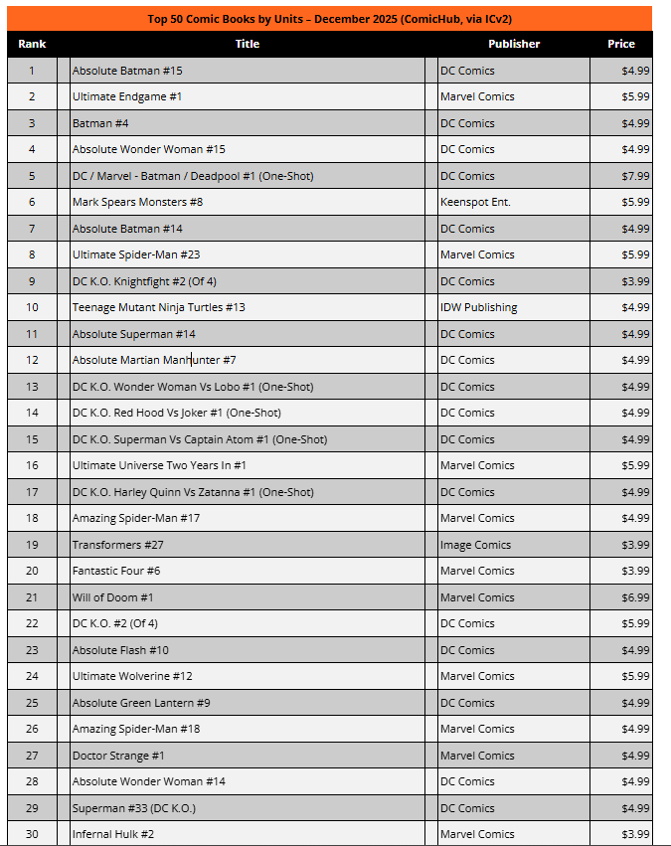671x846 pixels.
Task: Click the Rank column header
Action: pos(32,44)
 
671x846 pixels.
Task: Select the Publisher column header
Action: pos(514,44)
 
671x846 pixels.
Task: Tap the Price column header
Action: pos(621,44)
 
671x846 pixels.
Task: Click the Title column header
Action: pos(248,44)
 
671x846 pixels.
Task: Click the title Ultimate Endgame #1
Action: pos(126,96)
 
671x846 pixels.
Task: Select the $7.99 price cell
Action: pos(633,176)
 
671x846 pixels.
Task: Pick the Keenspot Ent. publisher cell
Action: pos(475,202)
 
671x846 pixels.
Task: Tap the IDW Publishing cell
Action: pos(478,307)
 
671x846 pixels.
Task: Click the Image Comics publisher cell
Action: pos(475,545)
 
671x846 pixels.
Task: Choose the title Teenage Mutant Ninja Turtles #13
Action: pos(158,307)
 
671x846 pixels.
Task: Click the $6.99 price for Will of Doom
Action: pos(633,597)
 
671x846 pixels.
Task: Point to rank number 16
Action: pos(32,465)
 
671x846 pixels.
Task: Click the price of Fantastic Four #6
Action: pos(633,571)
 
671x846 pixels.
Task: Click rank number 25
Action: pos(32,703)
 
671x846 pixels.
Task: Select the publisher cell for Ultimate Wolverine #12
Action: pos(477,676)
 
